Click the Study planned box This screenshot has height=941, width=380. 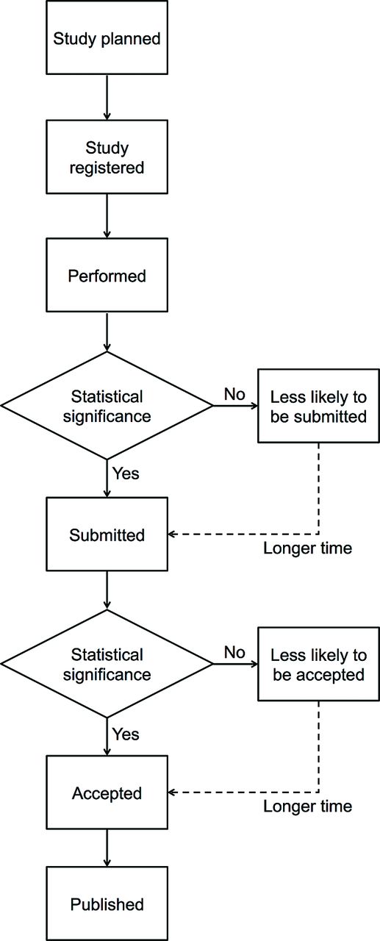pos(107,37)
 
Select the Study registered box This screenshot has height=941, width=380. pos(107,157)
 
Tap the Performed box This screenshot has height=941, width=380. pos(107,275)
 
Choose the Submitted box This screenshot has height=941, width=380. pos(107,534)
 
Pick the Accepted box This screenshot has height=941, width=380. pos(107,792)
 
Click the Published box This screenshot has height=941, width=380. pos(107,904)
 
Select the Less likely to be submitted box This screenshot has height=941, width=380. pos(318,406)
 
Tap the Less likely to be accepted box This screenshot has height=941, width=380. pos(318,664)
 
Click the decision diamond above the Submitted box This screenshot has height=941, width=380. pos(107,406)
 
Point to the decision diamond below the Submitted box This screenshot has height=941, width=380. pos(107,664)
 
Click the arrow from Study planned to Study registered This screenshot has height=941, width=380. pos(107,98)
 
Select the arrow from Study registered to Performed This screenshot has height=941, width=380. pos(107,216)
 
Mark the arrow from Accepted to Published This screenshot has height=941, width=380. pos(107,848)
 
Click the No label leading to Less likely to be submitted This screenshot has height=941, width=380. pos(234,394)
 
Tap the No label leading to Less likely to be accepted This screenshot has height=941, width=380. pos(234,652)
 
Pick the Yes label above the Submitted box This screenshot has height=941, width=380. pos(126,473)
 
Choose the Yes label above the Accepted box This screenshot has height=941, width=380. pos(126,734)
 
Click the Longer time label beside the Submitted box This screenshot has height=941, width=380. pos(307,548)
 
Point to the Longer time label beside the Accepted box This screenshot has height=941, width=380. pos(307,806)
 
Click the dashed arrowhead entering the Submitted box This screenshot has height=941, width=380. pos(171,534)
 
